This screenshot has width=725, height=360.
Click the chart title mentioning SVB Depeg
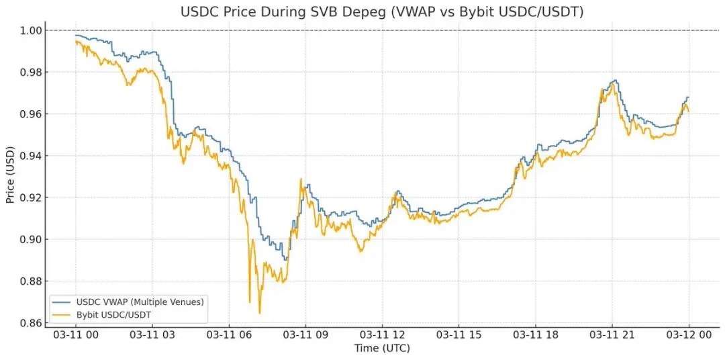[x=381, y=12]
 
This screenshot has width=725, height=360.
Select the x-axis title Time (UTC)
[x=381, y=348]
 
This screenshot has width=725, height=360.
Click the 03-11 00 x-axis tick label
[x=75, y=334]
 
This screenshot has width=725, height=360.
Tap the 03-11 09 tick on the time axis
[x=305, y=334]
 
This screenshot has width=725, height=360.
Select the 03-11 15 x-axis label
[x=458, y=334]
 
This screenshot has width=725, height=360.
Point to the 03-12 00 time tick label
[x=688, y=334]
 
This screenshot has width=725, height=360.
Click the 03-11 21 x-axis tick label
[x=612, y=334]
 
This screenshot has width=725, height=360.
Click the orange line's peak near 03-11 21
[x=613, y=83]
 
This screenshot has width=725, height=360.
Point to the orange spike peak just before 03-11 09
[x=301, y=179]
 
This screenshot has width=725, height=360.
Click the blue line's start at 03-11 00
[x=76, y=35]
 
